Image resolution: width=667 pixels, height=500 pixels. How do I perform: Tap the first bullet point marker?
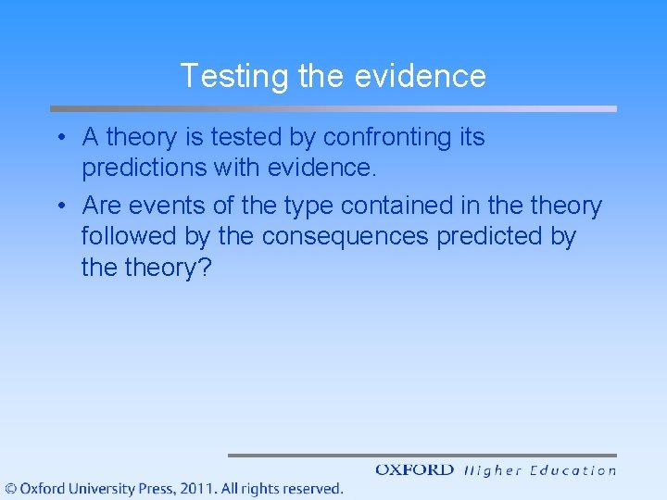(58, 138)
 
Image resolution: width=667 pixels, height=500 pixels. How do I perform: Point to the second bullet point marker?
(58, 206)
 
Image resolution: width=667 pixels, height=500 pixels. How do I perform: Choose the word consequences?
(345, 237)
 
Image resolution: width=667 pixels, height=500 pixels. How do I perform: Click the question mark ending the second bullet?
(206, 269)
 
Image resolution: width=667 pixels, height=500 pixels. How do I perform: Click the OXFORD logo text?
(414, 470)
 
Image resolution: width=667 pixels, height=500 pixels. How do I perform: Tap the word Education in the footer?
(573, 470)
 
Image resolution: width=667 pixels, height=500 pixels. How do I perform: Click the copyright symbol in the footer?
(11, 488)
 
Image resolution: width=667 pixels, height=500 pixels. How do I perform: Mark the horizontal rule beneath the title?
(333, 108)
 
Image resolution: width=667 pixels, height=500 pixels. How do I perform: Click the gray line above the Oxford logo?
(422, 455)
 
